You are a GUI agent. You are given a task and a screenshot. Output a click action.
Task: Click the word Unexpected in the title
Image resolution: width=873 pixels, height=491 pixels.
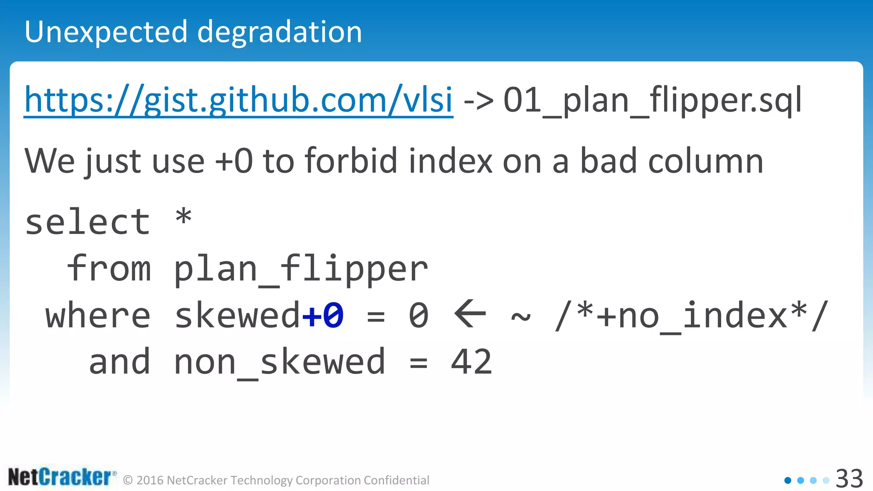pyautogui.click(x=106, y=32)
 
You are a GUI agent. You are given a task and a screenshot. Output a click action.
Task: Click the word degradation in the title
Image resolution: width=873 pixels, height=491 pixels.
pyautogui.click(x=279, y=32)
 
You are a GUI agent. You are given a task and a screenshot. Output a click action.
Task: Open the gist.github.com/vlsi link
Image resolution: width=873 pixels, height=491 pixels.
pyautogui.click(x=238, y=100)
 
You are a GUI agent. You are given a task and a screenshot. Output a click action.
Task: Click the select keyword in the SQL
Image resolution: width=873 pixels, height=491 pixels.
pyautogui.click(x=87, y=222)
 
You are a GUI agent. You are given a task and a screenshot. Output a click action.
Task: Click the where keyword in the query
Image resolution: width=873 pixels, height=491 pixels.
pyautogui.click(x=98, y=315)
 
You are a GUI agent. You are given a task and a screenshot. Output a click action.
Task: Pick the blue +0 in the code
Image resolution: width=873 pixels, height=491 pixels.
pyautogui.click(x=323, y=315)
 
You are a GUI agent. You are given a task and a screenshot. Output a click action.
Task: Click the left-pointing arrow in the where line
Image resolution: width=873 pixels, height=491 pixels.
pyautogui.click(x=470, y=314)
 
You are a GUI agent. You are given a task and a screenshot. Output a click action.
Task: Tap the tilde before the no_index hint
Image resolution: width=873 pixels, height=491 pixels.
pyautogui.click(x=521, y=317)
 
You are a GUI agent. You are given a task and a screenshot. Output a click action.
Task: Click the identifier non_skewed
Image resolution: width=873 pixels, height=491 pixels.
pyautogui.click(x=280, y=362)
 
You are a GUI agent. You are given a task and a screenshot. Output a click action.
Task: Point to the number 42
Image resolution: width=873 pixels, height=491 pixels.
pyautogui.click(x=471, y=362)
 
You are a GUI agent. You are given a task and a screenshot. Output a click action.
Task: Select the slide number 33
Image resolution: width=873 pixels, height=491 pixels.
pyautogui.click(x=849, y=479)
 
